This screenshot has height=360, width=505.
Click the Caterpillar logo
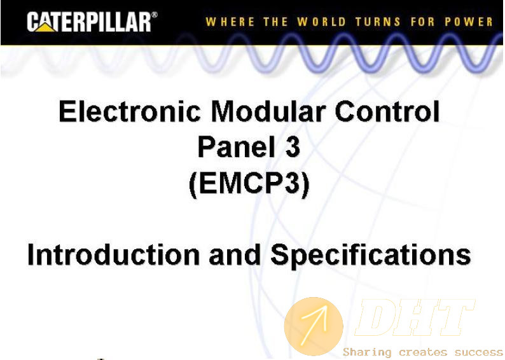92,22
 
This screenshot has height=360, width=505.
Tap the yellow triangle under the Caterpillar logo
45,28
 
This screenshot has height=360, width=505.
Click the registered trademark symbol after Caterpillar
155,15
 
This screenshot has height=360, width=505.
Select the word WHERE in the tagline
230,22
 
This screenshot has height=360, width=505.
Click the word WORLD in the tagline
321,22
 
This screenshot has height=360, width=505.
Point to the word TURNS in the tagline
378,22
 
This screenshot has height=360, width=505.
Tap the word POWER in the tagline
469,22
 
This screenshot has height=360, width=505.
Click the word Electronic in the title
130,111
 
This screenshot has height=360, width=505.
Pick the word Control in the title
387,111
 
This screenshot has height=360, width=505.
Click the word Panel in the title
237,146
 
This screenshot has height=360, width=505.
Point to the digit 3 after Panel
293,146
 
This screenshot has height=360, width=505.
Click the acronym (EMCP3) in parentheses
249,184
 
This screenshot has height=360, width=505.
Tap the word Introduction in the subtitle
114,254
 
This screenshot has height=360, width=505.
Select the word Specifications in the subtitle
371,255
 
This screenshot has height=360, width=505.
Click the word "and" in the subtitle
235,254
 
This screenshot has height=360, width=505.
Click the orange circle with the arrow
314,326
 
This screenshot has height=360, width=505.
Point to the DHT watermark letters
415,317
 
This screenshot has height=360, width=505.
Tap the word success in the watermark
478,352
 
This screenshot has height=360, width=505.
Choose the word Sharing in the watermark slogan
367,352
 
